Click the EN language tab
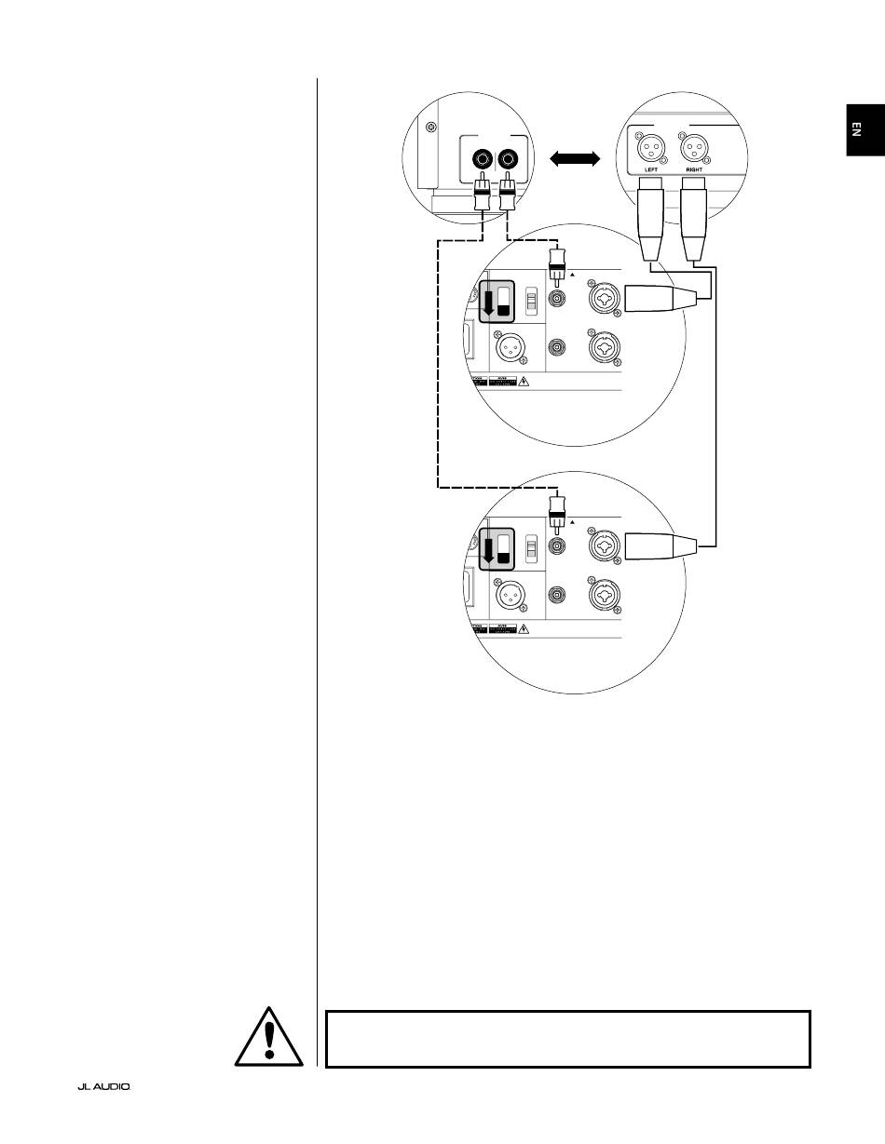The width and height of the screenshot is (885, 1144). click(x=865, y=131)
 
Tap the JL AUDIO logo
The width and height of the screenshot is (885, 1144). click(x=103, y=1086)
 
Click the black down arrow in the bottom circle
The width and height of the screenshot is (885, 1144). click(x=487, y=550)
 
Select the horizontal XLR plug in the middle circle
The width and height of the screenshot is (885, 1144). click(x=660, y=298)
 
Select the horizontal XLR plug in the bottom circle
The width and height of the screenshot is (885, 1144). click(x=660, y=545)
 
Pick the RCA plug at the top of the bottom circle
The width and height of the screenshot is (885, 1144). click(x=558, y=511)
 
